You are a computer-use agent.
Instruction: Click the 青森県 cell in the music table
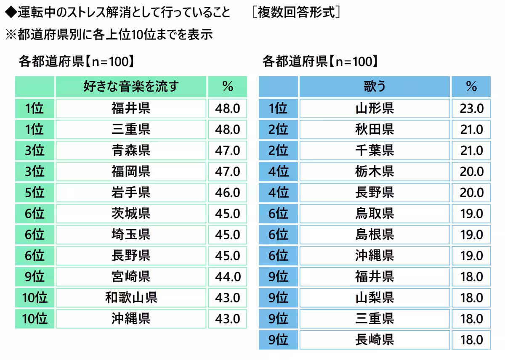pyautogui.click(x=131, y=151)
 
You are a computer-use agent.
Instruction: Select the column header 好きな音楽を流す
pyautogui.click(x=131, y=87)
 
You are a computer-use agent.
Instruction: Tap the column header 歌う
pyautogui.click(x=374, y=87)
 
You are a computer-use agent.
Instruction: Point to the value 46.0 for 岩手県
pyautogui.click(x=227, y=193)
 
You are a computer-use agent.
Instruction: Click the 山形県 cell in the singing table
pyautogui.click(x=374, y=109)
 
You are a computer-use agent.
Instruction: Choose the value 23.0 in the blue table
pyautogui.click(x=471, y=109)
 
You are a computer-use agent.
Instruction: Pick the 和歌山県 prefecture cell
pyautogui.click(x=131, y=298)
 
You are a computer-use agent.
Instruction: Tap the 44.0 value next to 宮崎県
pyautogui.click(x=227, y=277)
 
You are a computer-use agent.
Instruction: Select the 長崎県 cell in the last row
pyautogui.click(x=374, y=340)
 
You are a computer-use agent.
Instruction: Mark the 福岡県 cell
pyautogui.click(x=131, y=172)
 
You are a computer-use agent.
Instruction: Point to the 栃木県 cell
pyautogui.click(x=374, y=172)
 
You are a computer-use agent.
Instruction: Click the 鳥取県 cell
pyautogui.click(x=374, y=214)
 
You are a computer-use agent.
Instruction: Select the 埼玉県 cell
pyautogui.click(x=131, y=235)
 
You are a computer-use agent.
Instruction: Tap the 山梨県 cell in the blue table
pyautogui.click(x=374, y=298)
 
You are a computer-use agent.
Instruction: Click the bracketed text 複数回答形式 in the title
pyautogui.click(x=297, y=12)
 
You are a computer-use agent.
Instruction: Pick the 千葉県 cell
pyautogui.click(x=374, y=151)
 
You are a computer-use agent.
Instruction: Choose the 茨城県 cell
pyautogui.click(x=131, y=214)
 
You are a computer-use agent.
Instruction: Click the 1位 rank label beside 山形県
pyautogui.click(x=278, y=109)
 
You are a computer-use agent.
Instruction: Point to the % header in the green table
pyautogui.click(x=227, y=87)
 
